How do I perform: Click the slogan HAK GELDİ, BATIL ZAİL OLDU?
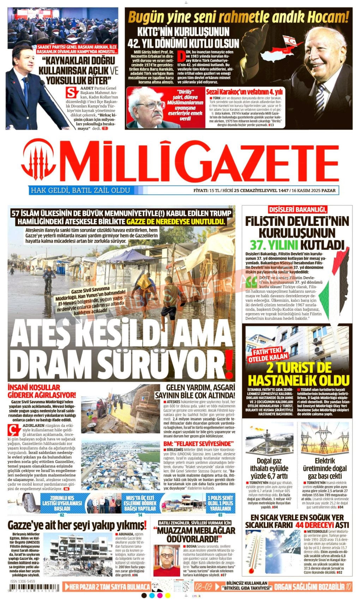(80, 191)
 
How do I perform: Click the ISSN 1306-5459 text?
(23, 581)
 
